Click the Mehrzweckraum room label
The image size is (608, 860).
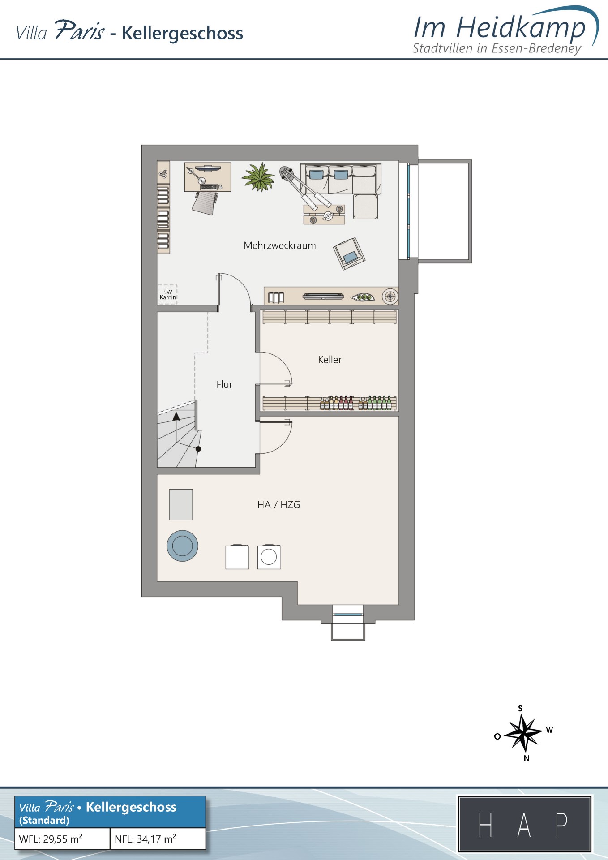click(x=280, y=245)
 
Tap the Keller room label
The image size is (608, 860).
click(x=330, y=360)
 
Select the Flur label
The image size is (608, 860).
click(x=224, y=384)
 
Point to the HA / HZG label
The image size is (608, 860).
click(x=278, y=505)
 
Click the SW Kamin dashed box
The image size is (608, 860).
click(x=168, y=294)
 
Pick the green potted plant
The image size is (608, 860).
click(x=258, y=177)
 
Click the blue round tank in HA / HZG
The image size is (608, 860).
click(x=182, y=546)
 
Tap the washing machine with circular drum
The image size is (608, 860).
click(x=269, y=557)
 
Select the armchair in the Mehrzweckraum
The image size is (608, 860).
click(x=349, y=254)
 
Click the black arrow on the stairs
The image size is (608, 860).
click(x=176, y=417)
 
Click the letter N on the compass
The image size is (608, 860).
click(x=527, y=758)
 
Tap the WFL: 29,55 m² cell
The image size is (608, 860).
click(x=63, y=838)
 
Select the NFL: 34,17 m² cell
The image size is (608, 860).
click(x=158, y=838)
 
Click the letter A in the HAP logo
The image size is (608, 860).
click(x=524, y=825)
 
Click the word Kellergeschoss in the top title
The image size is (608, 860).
click(x=182, y=33)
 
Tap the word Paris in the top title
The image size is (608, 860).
click(x=80, y=30)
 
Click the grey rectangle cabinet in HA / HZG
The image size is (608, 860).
click(x=181, y=505)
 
